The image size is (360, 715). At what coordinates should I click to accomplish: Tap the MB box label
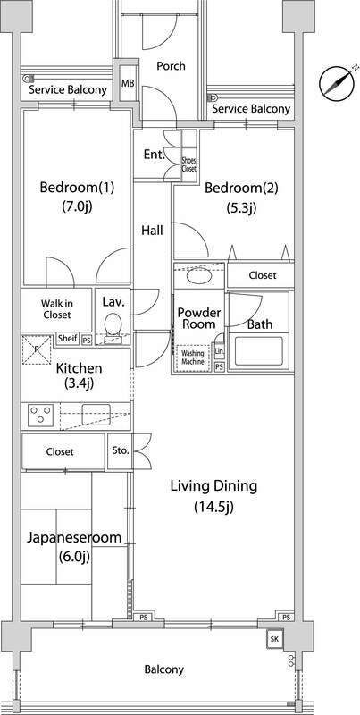click(128, 83)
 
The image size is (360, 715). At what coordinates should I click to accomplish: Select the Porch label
click(171, 66)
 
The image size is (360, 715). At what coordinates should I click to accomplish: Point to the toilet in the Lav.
click(113, 326)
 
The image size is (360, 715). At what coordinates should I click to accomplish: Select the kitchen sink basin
click(96, 414)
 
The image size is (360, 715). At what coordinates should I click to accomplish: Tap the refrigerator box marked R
click(37, 349)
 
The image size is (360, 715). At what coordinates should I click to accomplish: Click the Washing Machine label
click(193, 357)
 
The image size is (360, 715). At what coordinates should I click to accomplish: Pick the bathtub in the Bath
click(258, 351)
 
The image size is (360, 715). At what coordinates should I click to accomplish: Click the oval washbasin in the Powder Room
click(199, 276)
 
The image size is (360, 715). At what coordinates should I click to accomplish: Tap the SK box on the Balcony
click(274, 639)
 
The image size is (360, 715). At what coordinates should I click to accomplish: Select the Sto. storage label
click(121, 451)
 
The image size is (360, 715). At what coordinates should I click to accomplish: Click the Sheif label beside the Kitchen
click(67, 339)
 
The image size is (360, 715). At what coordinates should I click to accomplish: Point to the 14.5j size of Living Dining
click(213, 507)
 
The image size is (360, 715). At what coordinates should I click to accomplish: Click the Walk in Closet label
click(57, 308)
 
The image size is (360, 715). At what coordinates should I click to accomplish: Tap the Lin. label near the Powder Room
click(219, 351)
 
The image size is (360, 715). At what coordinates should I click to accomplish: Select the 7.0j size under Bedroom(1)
click(77, 206)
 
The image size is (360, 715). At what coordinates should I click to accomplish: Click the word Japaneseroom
click(74, 538)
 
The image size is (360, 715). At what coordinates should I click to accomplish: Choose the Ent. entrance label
click(154, 155)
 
